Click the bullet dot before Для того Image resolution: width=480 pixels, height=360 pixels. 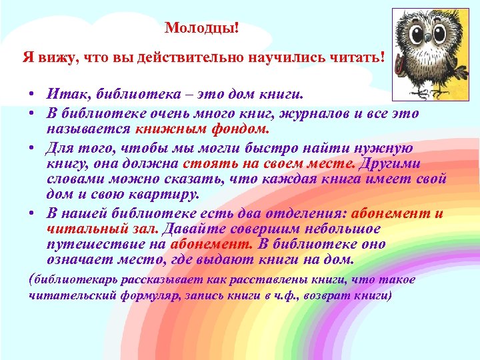tap(32, 148)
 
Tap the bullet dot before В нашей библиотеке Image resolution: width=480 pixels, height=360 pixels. tap(32, 213)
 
